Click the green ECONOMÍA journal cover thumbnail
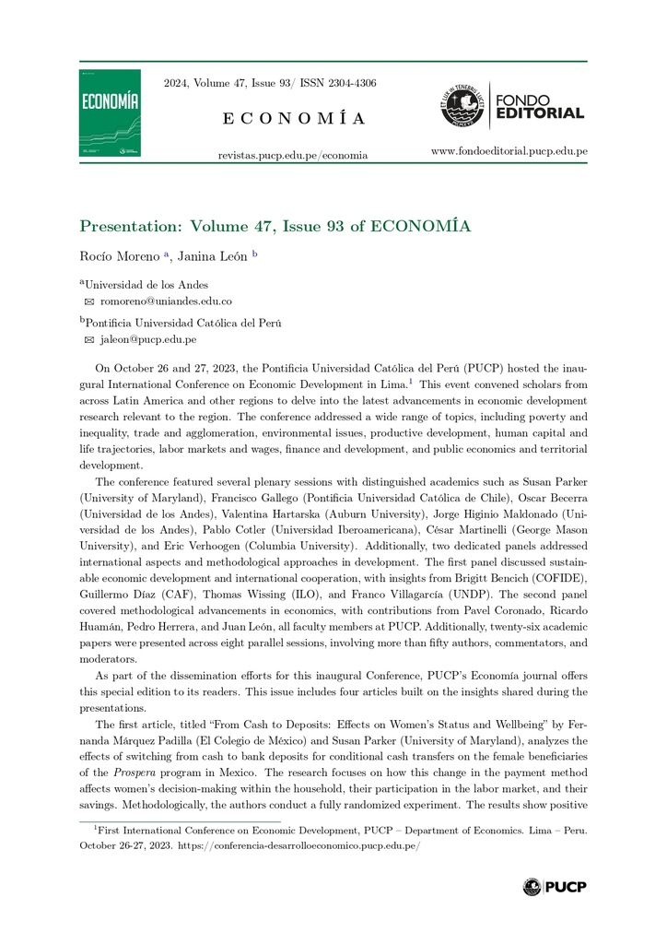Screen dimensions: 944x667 point(110,112)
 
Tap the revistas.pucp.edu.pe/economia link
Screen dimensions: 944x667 point(292,155)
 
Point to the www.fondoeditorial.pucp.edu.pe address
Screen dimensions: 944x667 point(509,150)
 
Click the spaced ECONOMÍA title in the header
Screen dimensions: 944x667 point(294,118)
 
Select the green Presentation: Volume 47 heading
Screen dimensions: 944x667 point(275,226)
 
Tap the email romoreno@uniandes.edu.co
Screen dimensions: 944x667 point(166,301)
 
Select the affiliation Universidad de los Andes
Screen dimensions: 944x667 point(146,285)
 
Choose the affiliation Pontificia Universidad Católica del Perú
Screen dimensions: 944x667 point(183,323)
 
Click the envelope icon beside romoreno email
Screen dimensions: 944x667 point(89,301)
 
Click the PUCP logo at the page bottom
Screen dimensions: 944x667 point(554,887)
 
